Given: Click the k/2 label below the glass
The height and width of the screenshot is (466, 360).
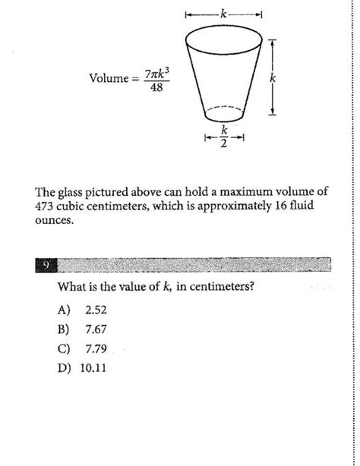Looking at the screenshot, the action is (x=223, y=139).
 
